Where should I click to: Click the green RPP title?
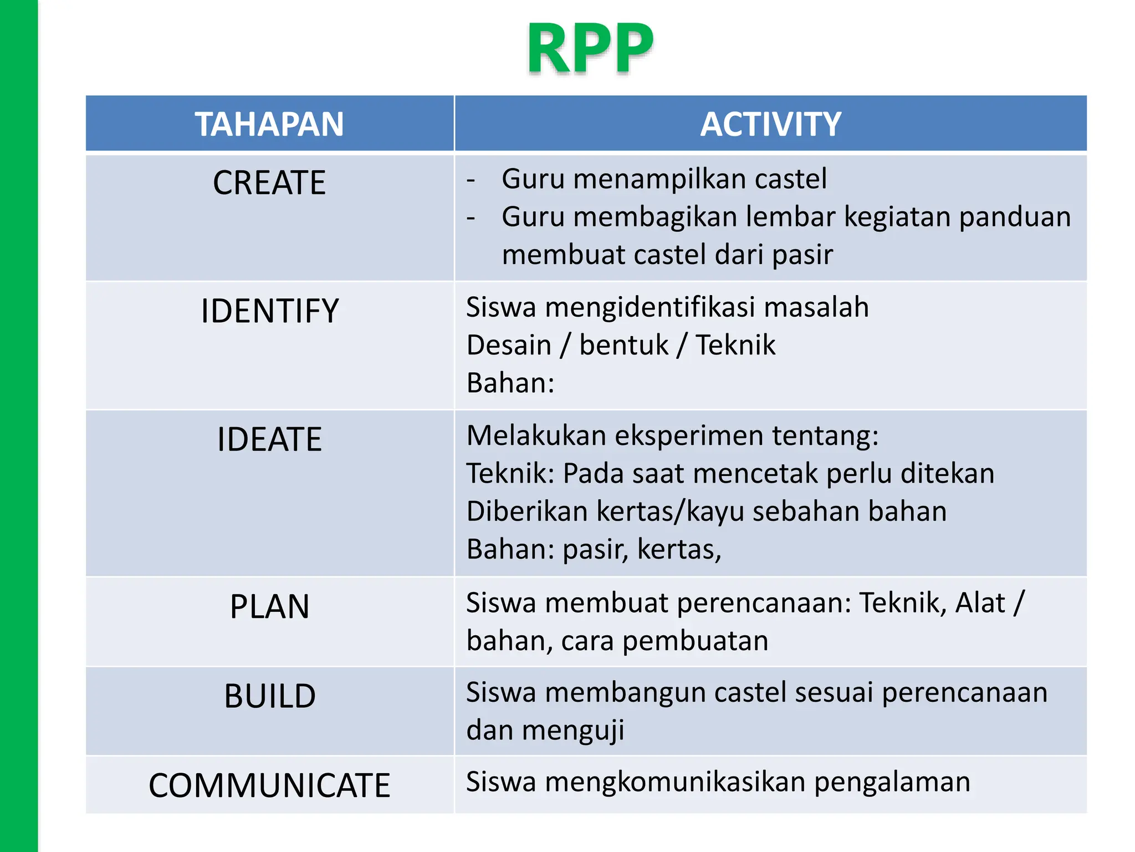[x=590, y=49]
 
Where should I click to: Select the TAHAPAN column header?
[x=269, y=124]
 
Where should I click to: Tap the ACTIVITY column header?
[x=770, y=124]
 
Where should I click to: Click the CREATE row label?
[x=269, y=183]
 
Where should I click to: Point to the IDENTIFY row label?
[x=269, y=311]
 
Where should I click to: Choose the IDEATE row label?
[x=269, y=439]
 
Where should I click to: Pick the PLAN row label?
[x=269, y=606]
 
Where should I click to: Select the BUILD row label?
[x=269, y=696]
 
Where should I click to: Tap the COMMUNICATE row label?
[x=269, y=785]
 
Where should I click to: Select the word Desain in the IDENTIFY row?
[x=509, y=346]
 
